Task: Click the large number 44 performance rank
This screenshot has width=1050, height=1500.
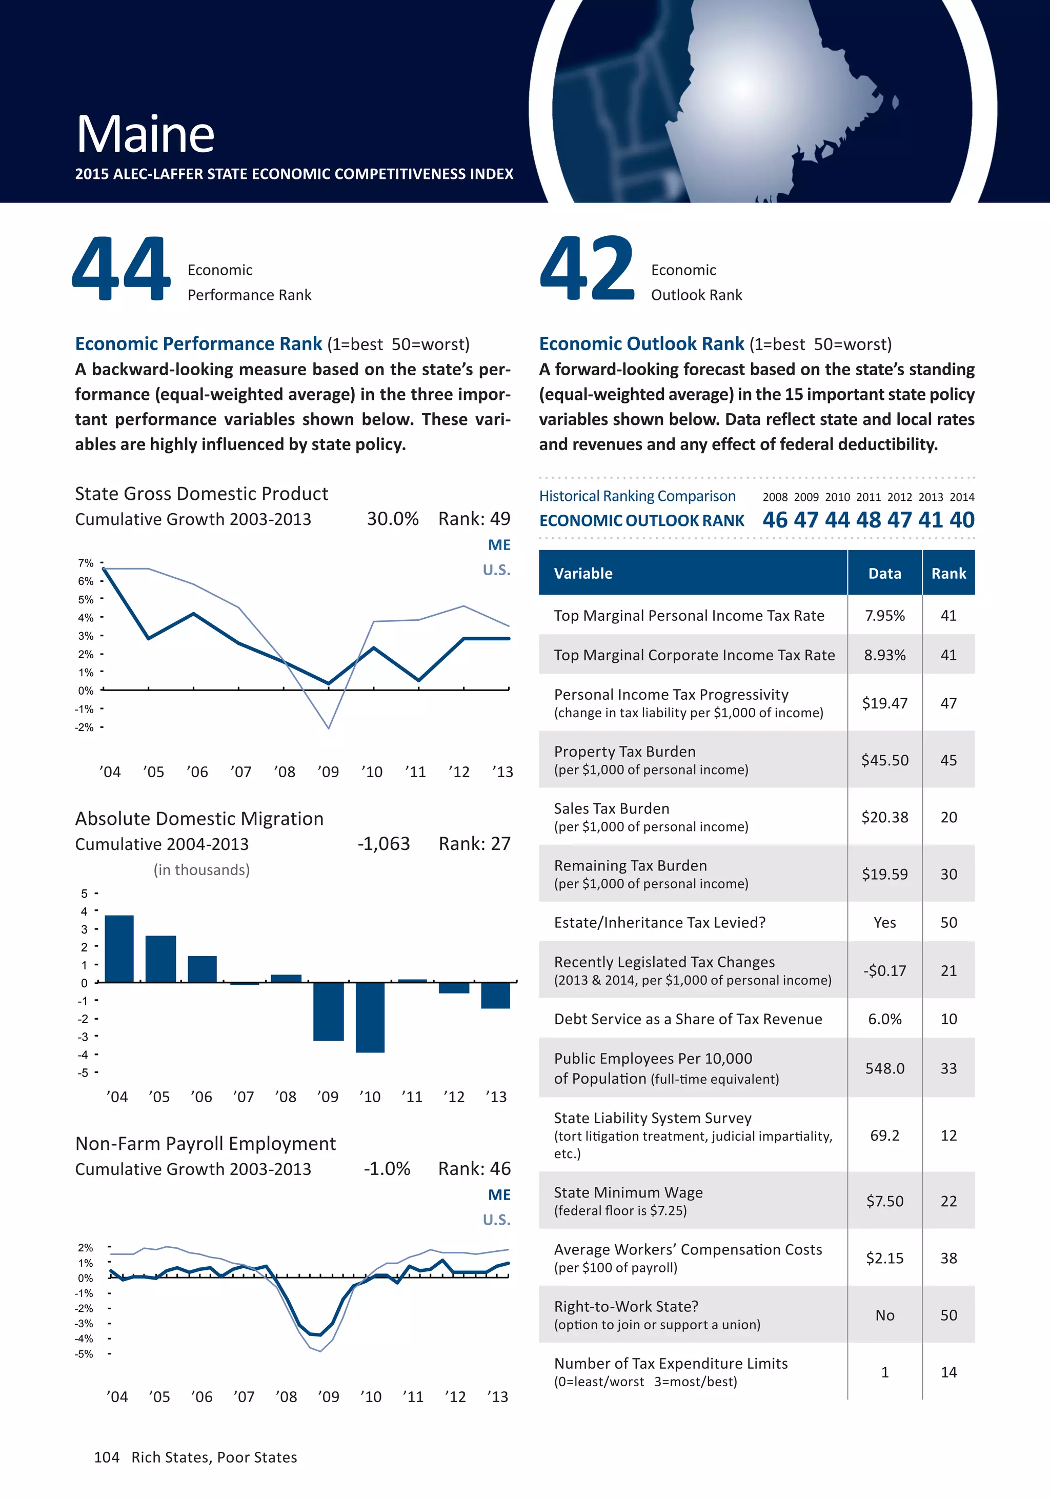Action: point(122,269)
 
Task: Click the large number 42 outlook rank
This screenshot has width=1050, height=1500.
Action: point(587,269)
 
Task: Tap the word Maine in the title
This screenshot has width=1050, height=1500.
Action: point(145,135)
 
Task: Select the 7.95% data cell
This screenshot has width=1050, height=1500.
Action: point(885,615)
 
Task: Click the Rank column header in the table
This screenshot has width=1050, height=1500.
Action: point(948,574)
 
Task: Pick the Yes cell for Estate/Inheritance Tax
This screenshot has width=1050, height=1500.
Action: point(885,922)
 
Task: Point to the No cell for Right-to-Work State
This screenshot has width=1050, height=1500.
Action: point(885,1315)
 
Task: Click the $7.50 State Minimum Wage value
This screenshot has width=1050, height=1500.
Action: point(885,1201)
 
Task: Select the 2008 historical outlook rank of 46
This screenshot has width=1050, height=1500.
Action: point(775,520)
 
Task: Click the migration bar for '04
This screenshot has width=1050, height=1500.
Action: point(119,948)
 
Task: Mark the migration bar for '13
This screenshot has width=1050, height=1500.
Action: point(495,996)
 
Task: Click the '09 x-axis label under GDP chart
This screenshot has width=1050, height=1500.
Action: point(328,772)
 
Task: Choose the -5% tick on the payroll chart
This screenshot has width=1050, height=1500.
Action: point(84,1354)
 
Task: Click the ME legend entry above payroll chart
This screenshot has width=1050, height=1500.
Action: point(499,1195)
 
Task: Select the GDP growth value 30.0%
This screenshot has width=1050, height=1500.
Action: point(392,519)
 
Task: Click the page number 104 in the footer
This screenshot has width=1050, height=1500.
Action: point(107,1457)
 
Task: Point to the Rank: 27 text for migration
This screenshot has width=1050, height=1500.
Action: point(474,844)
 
